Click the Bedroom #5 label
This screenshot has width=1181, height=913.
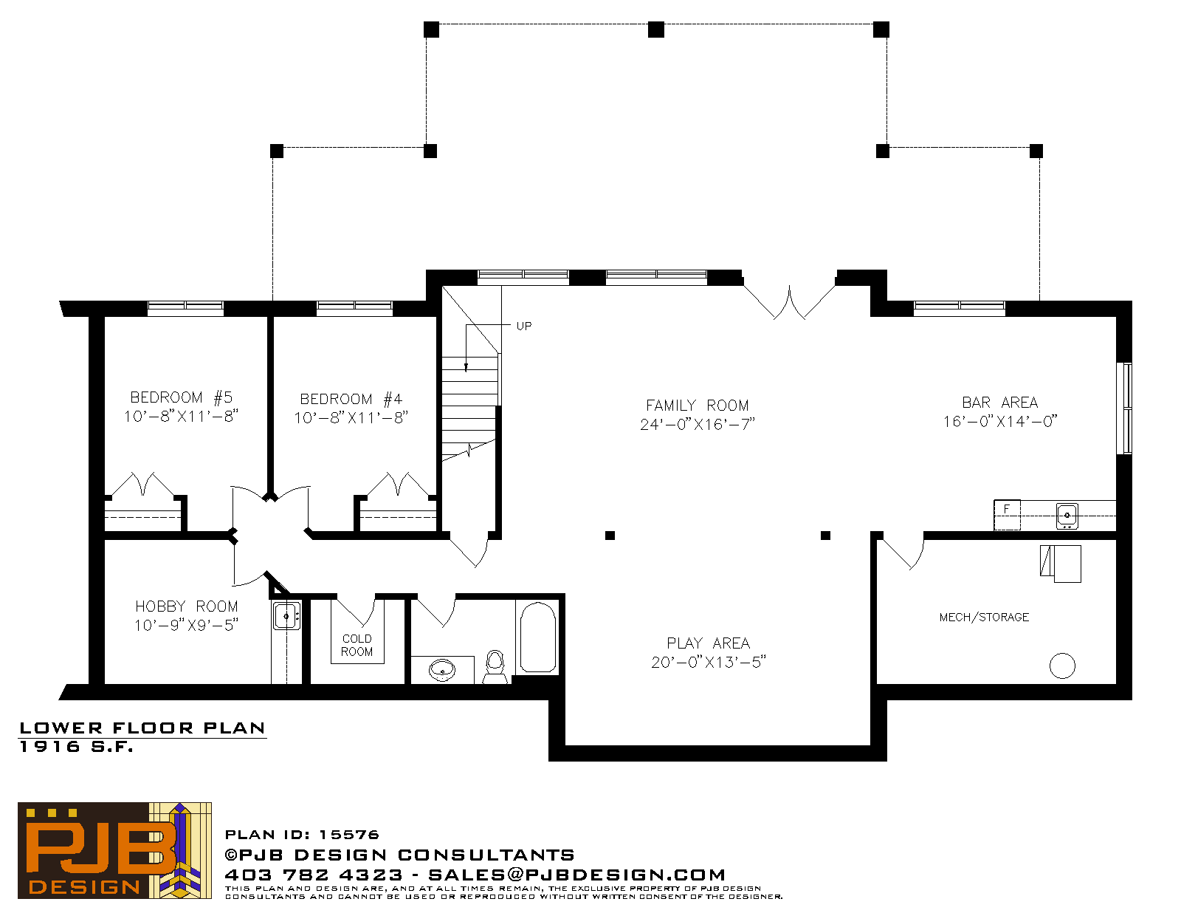pos(181,397)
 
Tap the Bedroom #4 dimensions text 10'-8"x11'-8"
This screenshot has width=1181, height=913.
pos(351,417)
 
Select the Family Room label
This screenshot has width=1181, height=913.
pos(698,406)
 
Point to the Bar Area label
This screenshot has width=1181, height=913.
pos(1000,403)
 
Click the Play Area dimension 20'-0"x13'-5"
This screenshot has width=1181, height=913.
pos(708,663)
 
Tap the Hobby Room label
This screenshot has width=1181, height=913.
pos(187,606)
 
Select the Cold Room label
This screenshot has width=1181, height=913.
pos(357,645)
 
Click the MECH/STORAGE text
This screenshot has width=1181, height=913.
pos(984,618)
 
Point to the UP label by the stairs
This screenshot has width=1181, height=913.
pos(524,326)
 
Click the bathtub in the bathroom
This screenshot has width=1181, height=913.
pos(538,637)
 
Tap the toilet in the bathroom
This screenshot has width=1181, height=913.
pos(495,667)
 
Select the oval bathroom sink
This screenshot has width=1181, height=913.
pos(442,670)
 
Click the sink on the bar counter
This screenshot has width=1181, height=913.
pos(1067,516)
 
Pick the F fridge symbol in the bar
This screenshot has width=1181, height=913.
pos(1007,514)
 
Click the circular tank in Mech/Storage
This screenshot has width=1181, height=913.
pos(1062,666)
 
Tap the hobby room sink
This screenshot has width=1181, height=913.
pos(287,616)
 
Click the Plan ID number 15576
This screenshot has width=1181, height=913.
pos(349,835)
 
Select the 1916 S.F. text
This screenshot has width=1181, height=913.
pos(76,747)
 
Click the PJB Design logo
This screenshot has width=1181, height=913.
pos(114,850)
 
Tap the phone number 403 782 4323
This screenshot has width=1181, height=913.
pos(314,875)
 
